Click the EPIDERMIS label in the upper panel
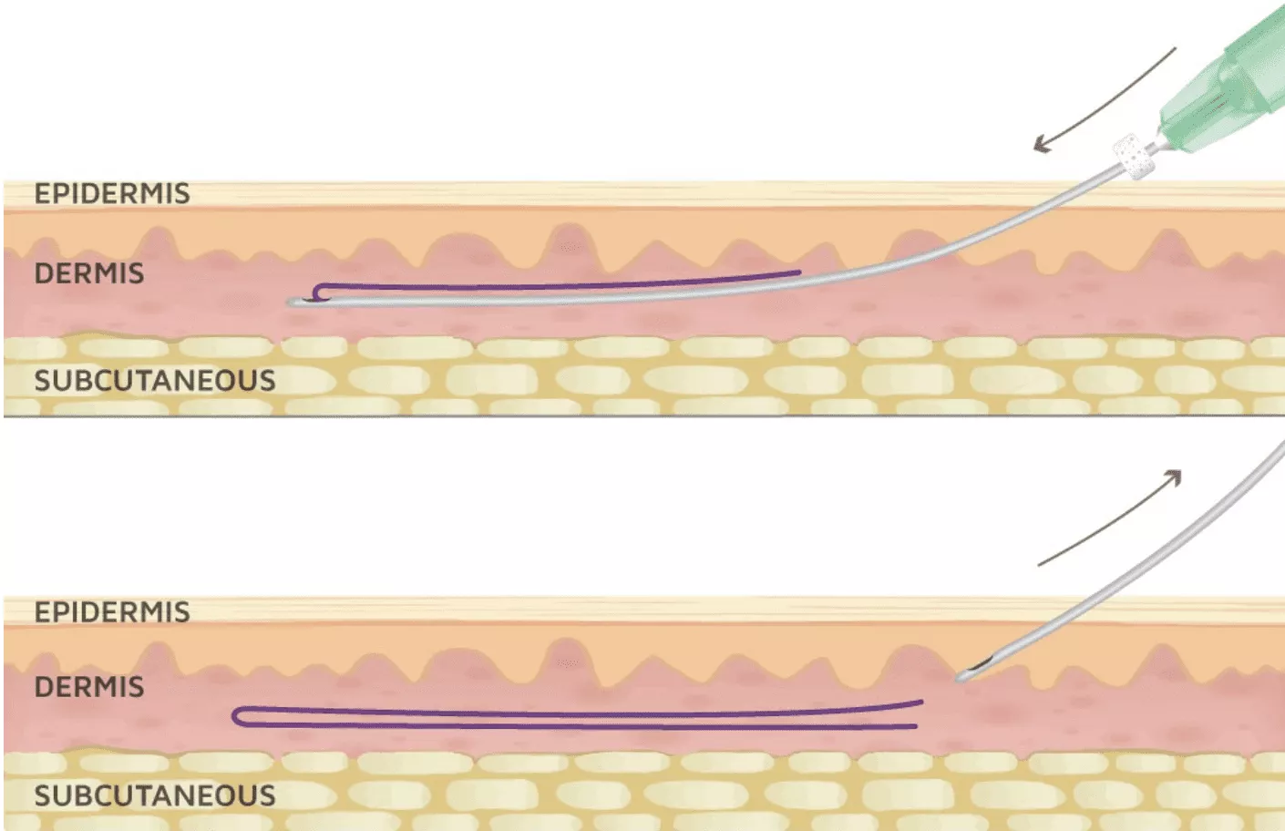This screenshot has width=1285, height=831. click(112, 193)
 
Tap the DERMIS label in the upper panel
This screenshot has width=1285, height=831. click(89, 273)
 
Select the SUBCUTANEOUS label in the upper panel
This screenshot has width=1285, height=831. click(155, 381)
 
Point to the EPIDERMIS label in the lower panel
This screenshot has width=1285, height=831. click(112, 612)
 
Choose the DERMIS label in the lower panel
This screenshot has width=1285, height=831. click(89, 687)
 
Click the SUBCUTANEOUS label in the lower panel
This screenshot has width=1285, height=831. click(155, 796)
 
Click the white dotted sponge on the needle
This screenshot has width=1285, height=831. click(1134, 156)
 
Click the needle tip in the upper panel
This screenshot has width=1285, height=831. click(292, 302)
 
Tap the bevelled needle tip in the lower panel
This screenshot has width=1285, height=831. click(961, 677)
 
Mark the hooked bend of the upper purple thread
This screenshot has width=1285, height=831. click(316, 292)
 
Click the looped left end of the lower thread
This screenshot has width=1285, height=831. click(235, 716)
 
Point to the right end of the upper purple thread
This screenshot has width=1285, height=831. click(798, 273)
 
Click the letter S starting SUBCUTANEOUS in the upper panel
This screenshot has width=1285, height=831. click(42, 381)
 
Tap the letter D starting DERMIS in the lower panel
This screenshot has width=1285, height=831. click(43, 687)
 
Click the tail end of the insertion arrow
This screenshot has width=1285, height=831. click(1176, 48)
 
